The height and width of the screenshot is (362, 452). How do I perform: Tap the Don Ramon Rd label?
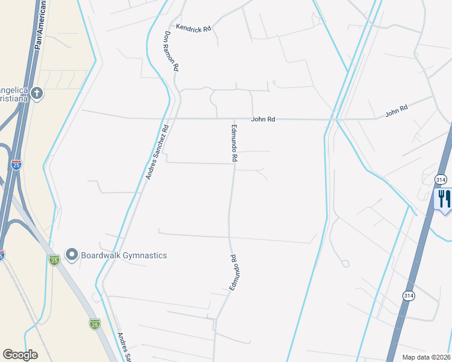click(x=170, y=52)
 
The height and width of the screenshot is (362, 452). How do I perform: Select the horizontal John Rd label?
click(x=263, y=119)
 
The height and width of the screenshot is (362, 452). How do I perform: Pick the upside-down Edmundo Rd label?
click(x=233, y=273)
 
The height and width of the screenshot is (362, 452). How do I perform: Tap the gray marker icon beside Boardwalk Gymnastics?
click(x=72, y=255)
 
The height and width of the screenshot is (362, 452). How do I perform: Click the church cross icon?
click(x=37, y=93)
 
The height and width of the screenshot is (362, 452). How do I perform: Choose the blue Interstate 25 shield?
click(x=16, y=164)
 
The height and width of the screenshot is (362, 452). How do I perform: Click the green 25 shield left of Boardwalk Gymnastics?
click(x=54, y=259)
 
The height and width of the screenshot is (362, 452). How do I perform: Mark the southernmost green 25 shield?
click(x=95, y=325)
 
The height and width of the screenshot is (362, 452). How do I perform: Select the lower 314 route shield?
click(x=409, y=294)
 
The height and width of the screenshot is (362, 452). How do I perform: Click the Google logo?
click(x=20, y=355)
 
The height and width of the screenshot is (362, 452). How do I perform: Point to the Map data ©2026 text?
click(x=427, y=357)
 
